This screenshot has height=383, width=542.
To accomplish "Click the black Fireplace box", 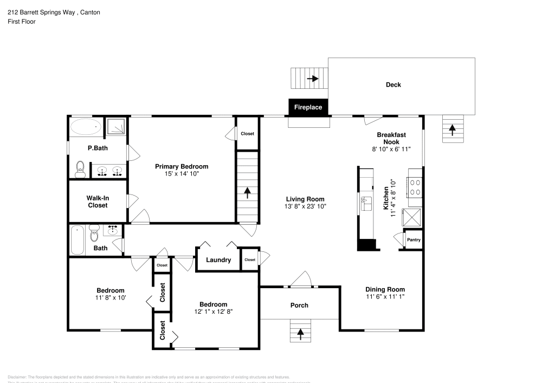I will point(308,107).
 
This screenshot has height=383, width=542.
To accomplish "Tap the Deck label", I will point(393,85).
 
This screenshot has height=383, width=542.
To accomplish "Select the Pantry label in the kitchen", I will point(414,239).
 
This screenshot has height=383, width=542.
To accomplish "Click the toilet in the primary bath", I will point(80,170).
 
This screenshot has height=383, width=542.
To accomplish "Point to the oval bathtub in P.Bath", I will point(86,128).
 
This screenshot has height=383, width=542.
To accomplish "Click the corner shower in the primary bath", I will point(115,127).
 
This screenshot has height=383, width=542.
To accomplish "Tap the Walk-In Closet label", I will point(98,202).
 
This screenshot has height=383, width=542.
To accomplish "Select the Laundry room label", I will point(218,260).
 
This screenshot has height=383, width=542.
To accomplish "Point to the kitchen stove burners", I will point(415,187).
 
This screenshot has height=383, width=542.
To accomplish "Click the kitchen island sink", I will point(365,203).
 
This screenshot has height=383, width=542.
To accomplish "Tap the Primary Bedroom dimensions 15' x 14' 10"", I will point(182,174).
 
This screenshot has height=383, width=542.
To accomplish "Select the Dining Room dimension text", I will point(385,297).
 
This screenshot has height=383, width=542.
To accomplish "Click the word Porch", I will point(299,306).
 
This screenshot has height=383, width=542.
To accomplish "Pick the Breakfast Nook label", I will point(391,138).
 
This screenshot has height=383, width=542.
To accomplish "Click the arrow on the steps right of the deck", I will point(453,129).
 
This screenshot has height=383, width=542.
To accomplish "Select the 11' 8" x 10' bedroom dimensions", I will point(111,298).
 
